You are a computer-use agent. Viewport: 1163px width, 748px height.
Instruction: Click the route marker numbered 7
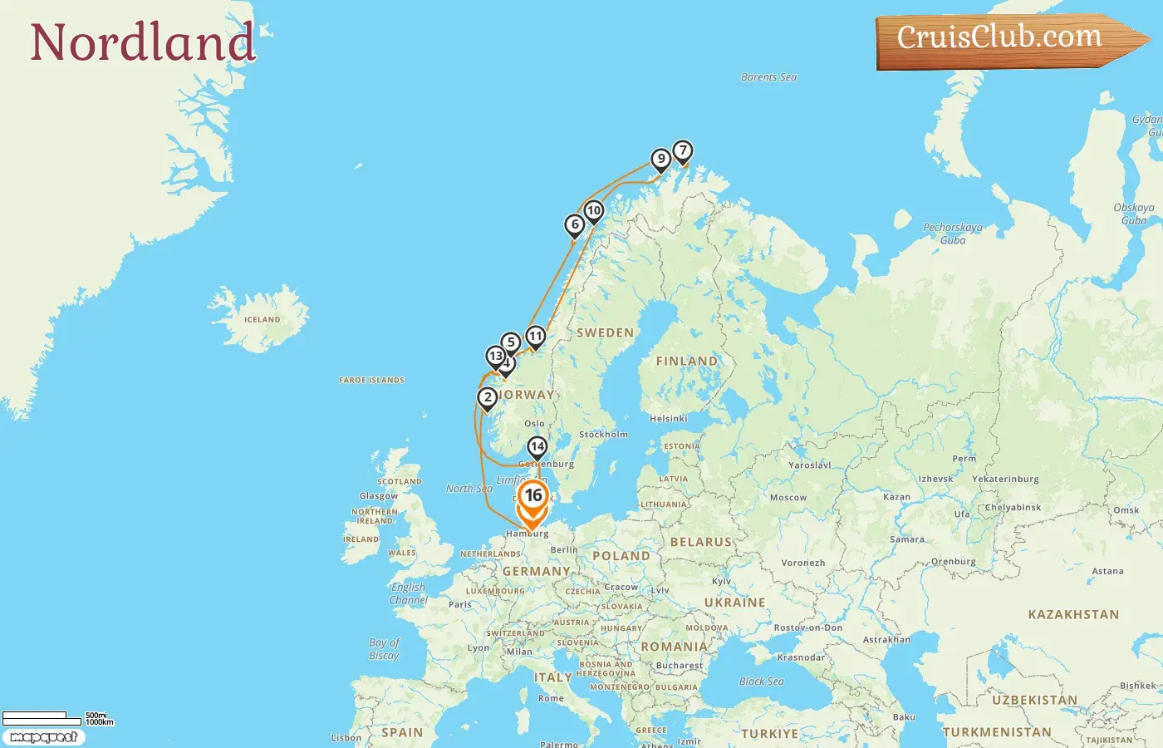[682, 151]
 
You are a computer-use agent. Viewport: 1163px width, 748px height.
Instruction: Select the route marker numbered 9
[660, 159]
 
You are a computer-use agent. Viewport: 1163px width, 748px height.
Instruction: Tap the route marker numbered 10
[593, 211]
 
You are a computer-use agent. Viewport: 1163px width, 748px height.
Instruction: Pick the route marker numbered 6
[574, 224]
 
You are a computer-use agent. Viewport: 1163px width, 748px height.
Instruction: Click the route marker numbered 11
[536, 337]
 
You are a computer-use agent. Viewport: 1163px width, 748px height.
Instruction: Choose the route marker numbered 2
[488, 398]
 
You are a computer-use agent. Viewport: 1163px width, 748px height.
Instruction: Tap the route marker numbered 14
[537, 447]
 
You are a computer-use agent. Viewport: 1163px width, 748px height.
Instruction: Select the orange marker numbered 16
[532, 496]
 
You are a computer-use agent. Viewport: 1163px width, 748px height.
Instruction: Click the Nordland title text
[142, 42]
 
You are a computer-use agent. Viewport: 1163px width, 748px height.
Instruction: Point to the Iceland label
[263, 320]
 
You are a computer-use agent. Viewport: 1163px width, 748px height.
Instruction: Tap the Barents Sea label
[768, 77]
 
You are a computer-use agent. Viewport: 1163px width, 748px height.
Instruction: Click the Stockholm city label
[603, 435]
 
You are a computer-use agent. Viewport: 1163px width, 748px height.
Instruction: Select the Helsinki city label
[668, 419]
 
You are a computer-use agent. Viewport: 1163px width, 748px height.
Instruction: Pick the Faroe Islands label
[371, 381]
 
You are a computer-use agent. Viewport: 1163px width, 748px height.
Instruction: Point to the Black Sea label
[761, 682]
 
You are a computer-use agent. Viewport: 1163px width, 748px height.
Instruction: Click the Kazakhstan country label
[1073, 615]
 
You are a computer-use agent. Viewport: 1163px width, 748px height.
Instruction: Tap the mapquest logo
[43, 737]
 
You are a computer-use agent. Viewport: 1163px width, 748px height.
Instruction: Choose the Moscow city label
[788, 498]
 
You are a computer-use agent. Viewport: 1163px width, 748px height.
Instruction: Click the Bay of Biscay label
[385, 649]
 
